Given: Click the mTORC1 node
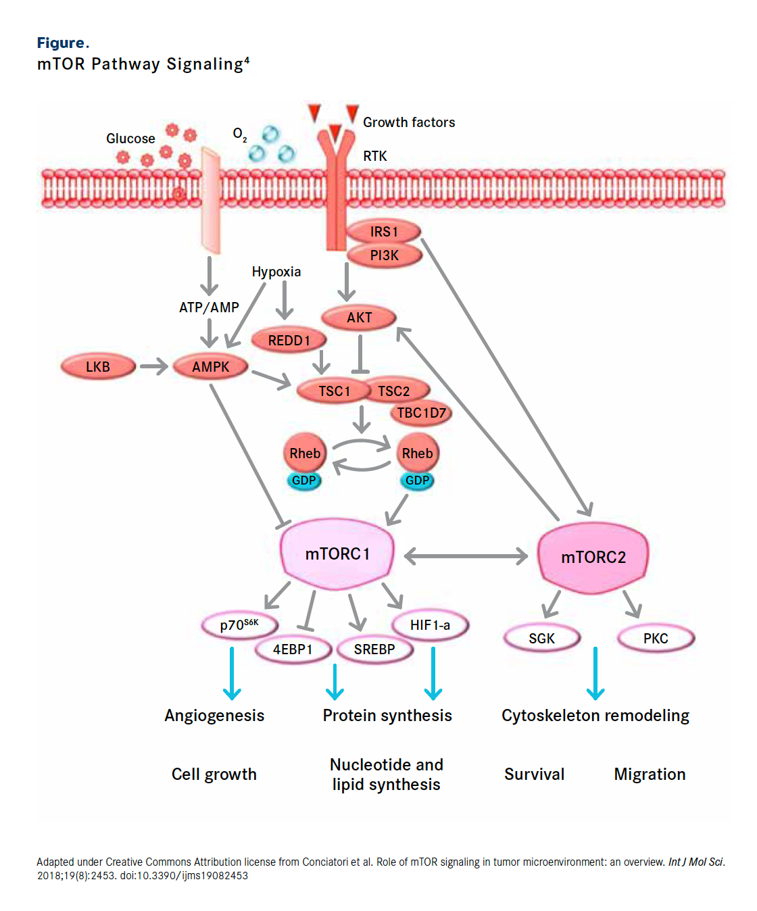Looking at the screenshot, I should pyautogui.click(x=337, y=554).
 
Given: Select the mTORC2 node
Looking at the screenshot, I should pyautogui.click(x=593, y=557).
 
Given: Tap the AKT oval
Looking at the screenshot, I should pyautogui.click(x=359, y=318).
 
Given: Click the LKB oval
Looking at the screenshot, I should pyautogui.click(x=98, y=367).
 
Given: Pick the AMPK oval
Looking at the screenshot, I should pyautogui.click(x=210, y=367).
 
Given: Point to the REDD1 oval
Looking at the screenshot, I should pyautogui.click(x=289, y=340).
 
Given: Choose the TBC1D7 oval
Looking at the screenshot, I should pyautogui.click(x=421, y=413).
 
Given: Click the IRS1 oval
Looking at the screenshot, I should pyautogui.click(x=384, y=232).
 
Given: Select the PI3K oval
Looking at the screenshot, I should pyautogui.click(x=384, y=255).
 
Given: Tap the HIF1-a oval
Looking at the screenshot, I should pyautogui.click(x=430, y=625).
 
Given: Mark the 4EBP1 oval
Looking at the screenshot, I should pyautogui.click(x=293, y=649).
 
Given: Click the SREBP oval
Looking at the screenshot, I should pyautogui.click(x=374, y=649).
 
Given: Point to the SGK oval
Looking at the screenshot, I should pyautogui.click(x=541, y=639).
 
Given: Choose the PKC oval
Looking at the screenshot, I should pyautogui.click(x=656, y=639).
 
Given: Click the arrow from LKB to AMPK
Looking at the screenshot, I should pyautogui.click(x=153, y=367).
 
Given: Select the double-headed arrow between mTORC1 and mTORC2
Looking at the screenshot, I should pyautogui.click(x=466, y=556).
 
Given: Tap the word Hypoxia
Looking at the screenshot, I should pyautogui.click(x=276, y=272).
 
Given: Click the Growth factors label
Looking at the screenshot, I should pyautogui.click(x=409, y=122).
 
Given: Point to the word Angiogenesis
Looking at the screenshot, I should pyautogui.click(x=214, y=716).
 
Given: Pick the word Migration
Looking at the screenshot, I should pyautogui.click(x=650, y=774).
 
